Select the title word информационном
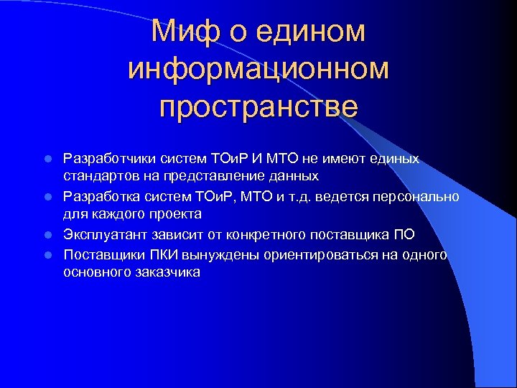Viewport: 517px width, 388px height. [258, 69]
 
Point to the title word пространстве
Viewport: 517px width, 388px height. [258, 106]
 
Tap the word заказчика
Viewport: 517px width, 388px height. [167, 272]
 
